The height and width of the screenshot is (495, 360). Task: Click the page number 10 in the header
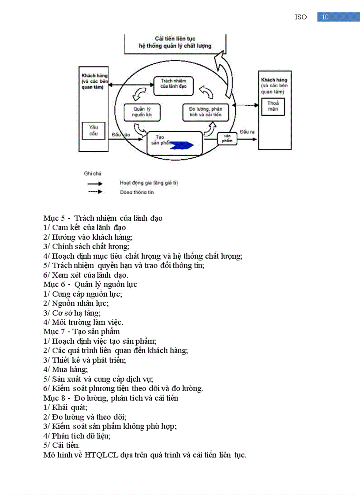coord(325,17)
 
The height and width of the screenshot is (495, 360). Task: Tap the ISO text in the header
coord(301,17)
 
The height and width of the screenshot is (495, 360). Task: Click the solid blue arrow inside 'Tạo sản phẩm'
coord(182,145)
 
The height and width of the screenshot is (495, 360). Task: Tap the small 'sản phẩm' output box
coord(227,138)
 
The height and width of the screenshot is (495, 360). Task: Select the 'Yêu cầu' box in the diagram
coord(94,130)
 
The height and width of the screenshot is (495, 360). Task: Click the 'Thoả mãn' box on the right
coord(273,106)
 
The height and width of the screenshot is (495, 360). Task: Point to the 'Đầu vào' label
coord(121,134)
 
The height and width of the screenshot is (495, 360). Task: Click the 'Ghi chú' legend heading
coord(93,174)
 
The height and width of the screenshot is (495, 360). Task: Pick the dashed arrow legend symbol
coord(95,192)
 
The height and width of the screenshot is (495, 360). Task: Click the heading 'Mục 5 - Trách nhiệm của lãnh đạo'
coord(103,218)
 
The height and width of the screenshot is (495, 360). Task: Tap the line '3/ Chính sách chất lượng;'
coord(86,246)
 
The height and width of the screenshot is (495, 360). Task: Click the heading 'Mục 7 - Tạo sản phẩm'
coord(82,331)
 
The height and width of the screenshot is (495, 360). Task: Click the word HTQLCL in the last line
coord(101,455)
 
